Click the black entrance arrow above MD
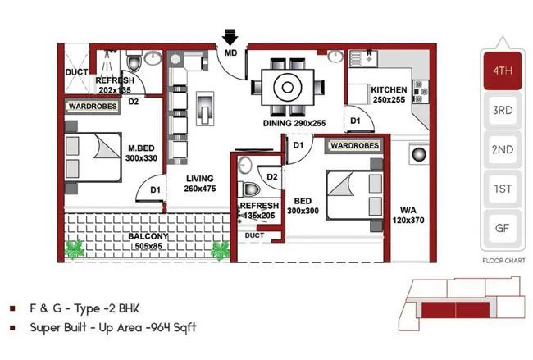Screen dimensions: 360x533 click(x=230, y=37)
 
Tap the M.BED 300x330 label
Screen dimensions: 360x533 click(x=142, y=153)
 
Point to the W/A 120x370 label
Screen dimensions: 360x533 click(x=408, y=214)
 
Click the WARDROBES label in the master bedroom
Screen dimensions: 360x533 click(x=91, y=106)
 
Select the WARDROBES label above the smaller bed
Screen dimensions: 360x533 click(x=354, y=146)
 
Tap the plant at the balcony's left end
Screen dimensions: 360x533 click(x=76, y=248)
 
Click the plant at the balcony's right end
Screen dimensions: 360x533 click(x=220, y=248)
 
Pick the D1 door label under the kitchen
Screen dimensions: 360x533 click(x=355, y=121)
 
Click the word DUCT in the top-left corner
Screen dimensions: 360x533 click(x=76, y=72)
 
